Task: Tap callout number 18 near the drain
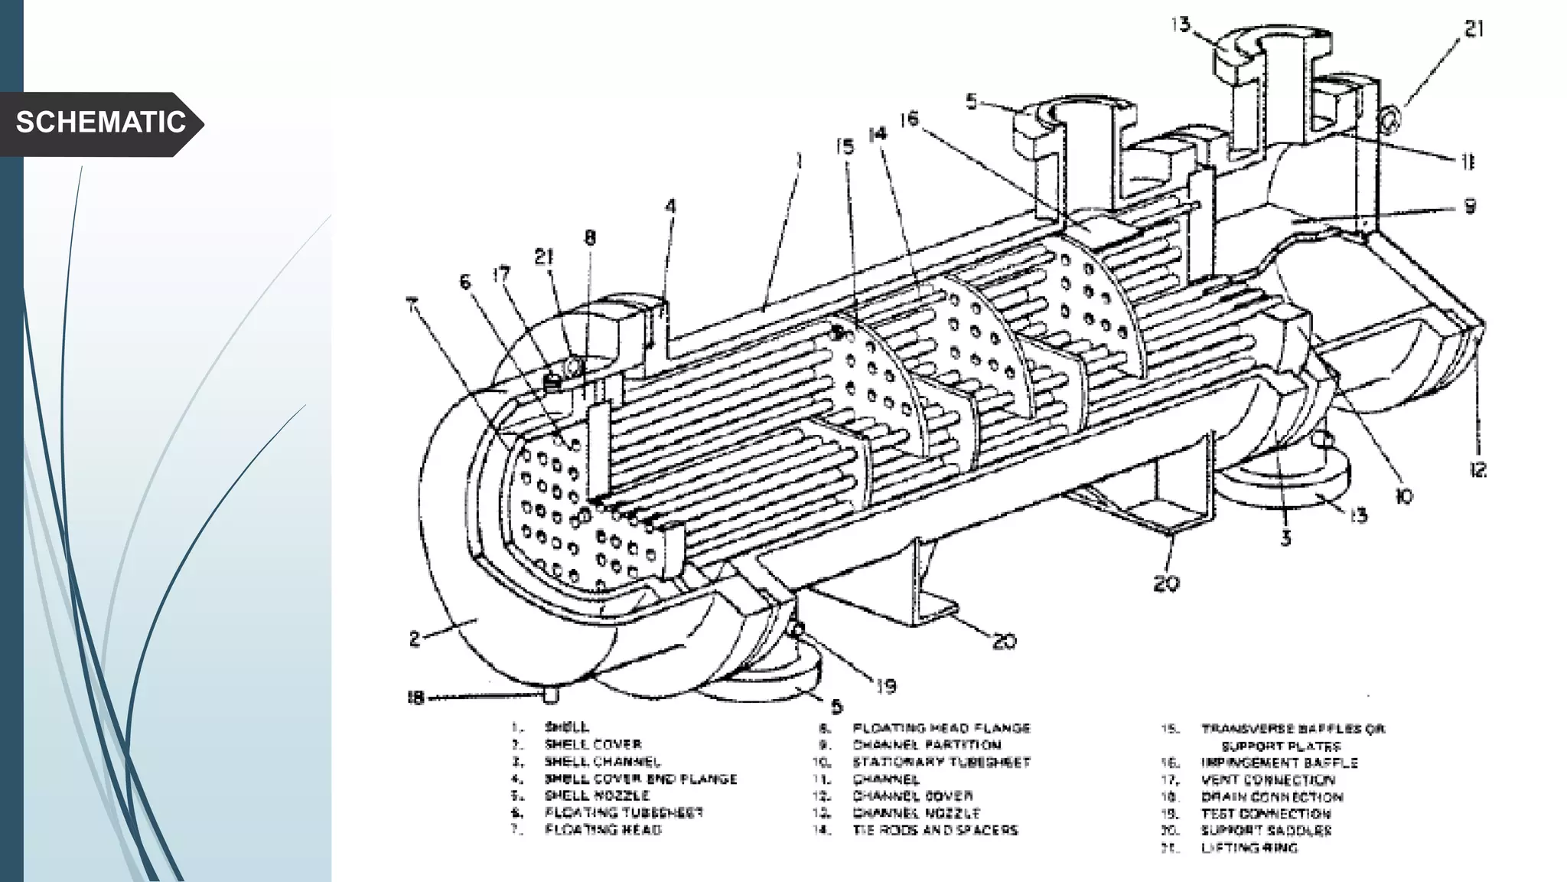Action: [x=415, y=697]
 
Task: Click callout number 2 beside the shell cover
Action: [x=414, y=639]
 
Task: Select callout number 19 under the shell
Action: [x=885, y=686]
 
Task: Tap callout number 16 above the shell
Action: [x=908, y=119]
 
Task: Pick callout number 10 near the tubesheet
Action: [x=1404, y=497]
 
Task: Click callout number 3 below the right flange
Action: [x=1285, y=538]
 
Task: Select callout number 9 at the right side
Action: [x=1469, y=206]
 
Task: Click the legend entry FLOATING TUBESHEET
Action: [x=623, y=812]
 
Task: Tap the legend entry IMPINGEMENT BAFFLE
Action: [x=1279, y=763]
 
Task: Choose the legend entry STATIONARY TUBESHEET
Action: [x=941, y=762]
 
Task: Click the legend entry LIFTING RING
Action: [x=1249, y=848]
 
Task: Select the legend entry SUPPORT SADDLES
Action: [x=1266, y=830]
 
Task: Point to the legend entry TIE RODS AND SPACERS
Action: [x=935, y=830]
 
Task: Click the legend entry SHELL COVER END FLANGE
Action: [x=640, y=779]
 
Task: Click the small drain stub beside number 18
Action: [x=550, y=695]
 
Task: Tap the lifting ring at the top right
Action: [x=1390, y=119]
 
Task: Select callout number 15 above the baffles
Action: [x=844, y=146]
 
